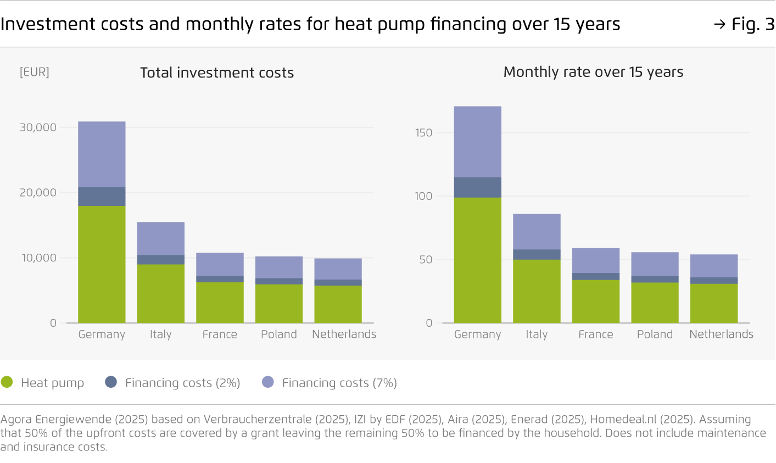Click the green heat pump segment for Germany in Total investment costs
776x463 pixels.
[102, 264]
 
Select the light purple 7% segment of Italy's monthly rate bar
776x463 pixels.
[537, 231]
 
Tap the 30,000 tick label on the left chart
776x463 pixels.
[38, 127]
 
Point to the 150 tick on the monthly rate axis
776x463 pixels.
[423, 132]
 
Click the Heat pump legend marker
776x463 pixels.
[7, 382]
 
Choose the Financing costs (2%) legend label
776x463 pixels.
[182, 383]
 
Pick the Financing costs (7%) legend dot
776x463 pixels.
[267, 382]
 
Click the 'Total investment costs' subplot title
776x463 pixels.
[217, 72]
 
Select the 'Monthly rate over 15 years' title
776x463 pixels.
[593, 72]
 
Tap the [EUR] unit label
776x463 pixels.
[35, 72]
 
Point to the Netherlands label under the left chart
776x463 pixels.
[344, 334]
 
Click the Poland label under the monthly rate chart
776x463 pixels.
[655, 334]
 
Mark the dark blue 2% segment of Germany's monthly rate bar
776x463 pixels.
[477, 187]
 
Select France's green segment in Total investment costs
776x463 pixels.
[220, 302]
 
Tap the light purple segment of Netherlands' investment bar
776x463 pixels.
[338, 269]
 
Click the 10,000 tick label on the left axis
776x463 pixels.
[39, 258]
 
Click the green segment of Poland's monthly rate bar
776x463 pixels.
[655, 303]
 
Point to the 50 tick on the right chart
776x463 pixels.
[426, 259]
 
